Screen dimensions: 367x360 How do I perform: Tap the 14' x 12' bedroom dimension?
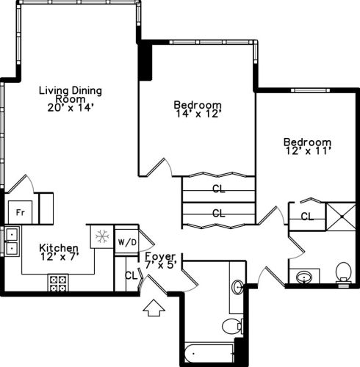tap(198, 114)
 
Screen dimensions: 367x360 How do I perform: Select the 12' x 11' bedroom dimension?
tap(307, 151)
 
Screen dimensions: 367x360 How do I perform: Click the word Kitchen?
tap(59, 248)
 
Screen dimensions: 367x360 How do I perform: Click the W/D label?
tap(126, 241)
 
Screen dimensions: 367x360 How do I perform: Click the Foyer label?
tap(159, 256)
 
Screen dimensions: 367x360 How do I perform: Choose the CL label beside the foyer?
tap(130, 276)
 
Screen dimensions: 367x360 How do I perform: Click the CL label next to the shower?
tap(307, 217)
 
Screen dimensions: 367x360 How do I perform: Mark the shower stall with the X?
tap(339, 216)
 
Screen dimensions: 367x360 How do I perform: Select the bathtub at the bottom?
tap(210, 353)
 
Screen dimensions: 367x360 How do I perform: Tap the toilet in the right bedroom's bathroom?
tap(343, 274)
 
